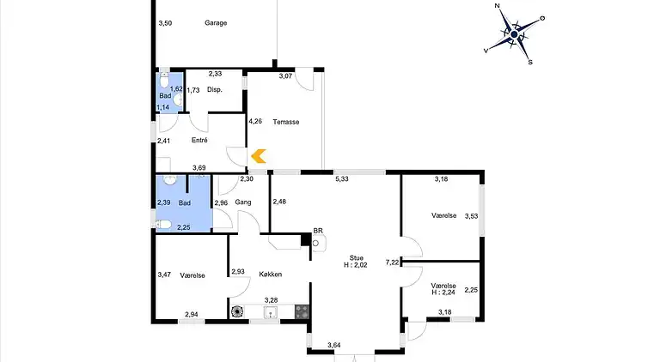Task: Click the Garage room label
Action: (x=216, y=23)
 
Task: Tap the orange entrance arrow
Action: (x=259, y=156)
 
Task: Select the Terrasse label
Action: (x=286, y=122)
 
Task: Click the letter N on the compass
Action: (x=497, y=6)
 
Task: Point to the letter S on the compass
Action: (x=530, y=62)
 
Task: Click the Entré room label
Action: (x=199, y=141)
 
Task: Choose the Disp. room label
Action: (x=215, y=90)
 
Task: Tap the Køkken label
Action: (x=270, y=275)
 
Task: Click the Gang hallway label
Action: (x=243, y=202)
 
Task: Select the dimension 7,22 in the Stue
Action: (x=392, y=262)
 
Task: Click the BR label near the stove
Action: (x=318, y=231)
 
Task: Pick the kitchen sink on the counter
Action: (x=270, y=311)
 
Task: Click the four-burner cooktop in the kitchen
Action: (x=302, y=311)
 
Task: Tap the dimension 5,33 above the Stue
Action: (x=342, y=179)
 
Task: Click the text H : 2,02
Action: (x=356, y=265)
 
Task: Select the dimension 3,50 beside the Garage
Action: (x=165, y=23)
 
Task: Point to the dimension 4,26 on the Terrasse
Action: (x=255, y=121)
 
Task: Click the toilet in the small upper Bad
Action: (x=164, y=78)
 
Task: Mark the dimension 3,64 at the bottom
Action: (x=333, y=345)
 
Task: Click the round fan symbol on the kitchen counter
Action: (x=237, y=311)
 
